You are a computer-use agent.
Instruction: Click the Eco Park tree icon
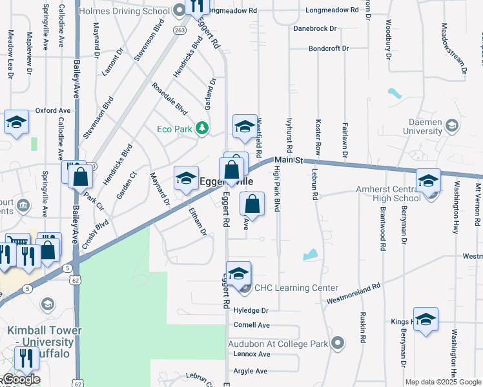[203, 128]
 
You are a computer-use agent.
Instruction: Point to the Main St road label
[289, 160]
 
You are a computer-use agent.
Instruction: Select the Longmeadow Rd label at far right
[332, 10]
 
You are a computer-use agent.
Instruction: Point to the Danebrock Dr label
[314, 28]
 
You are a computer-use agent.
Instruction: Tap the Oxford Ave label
[53, 110]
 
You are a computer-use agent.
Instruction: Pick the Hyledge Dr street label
[251, 310]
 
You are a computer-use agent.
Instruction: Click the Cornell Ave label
[251, 325]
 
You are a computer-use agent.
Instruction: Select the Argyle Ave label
[250, 371]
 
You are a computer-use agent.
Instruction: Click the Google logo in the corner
[21, 379]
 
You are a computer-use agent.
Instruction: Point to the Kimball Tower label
[45, 330]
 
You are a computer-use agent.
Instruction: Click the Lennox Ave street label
[251, 354]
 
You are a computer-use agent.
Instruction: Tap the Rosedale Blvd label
[169, 99]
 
